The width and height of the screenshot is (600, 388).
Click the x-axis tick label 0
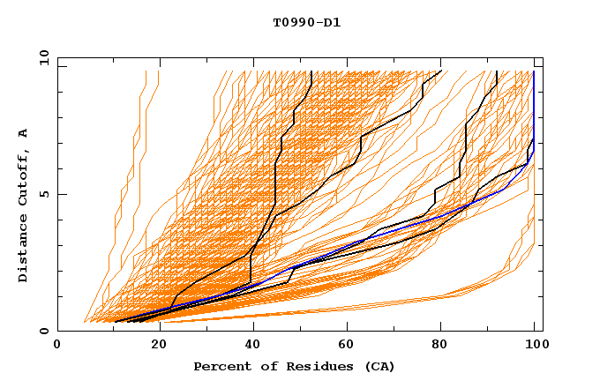57,346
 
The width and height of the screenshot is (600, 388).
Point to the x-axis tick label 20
154,346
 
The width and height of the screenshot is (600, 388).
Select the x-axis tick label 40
250,346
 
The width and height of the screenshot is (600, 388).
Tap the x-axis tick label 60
346,346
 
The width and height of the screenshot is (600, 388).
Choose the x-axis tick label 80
441,346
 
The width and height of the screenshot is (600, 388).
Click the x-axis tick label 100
534,346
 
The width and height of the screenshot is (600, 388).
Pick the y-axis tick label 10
44,57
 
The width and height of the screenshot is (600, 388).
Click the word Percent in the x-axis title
221,366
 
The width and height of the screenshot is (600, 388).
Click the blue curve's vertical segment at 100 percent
534,106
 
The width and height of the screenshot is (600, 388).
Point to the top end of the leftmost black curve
311,71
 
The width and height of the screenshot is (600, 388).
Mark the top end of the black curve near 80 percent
440,71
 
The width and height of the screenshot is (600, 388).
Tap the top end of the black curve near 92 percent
497,71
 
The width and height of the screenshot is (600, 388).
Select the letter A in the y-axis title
24,133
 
